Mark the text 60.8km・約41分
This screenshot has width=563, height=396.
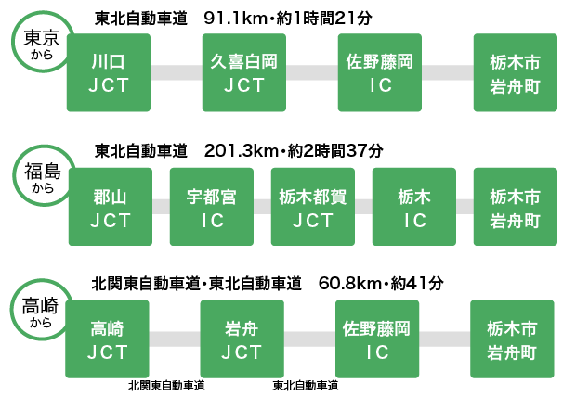tap(380, 282)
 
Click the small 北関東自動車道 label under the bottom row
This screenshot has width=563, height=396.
tap(167, 385)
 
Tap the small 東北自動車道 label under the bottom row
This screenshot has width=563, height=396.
tap(306, 385)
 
